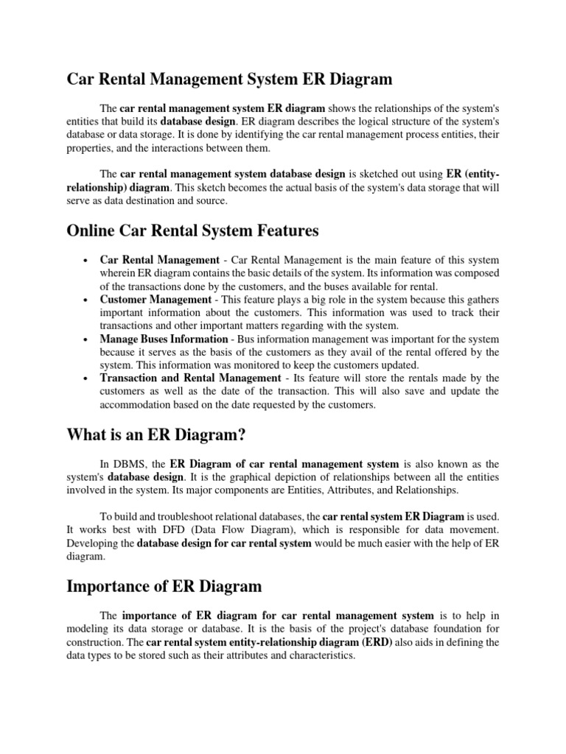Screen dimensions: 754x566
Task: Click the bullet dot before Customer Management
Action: coord(87,300)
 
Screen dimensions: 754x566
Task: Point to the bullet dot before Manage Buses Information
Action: coord(87,339)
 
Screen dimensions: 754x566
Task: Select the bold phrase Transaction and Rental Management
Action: coord(190,378)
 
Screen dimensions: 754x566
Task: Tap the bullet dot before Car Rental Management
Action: coord(87,261)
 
